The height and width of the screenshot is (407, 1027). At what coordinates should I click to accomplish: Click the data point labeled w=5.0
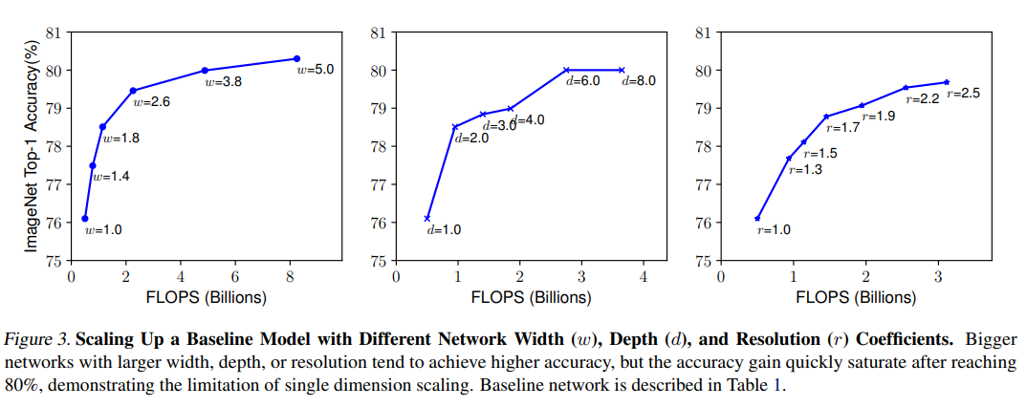click(x=296, y=59)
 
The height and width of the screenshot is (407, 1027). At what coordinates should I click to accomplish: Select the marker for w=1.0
click(x=85, y=219)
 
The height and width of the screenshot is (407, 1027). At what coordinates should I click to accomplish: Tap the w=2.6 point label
click(x=151, y=101)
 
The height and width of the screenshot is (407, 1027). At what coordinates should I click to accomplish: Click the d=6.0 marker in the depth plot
click(x=566, y=70)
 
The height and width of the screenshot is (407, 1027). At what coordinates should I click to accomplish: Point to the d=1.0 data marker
click(x=427, y=219)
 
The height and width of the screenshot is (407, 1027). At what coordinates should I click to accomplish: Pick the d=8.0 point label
click(x=639, y=81)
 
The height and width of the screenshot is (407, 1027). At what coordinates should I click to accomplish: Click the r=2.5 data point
click(x=947, y=82)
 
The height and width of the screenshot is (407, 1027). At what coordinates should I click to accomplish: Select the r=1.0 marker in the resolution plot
click(x=757, y=219)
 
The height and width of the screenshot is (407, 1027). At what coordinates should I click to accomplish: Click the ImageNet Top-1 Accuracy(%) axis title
click(x=32, y=146)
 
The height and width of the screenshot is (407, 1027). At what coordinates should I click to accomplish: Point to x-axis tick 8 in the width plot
click(x=289, y=277)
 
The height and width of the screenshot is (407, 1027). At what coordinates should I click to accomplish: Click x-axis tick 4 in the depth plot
click(x=644, y=277)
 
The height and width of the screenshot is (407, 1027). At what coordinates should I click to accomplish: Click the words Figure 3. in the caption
click(x=38, y=340)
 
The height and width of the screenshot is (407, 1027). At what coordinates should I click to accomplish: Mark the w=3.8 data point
click(x=206, y=70)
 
